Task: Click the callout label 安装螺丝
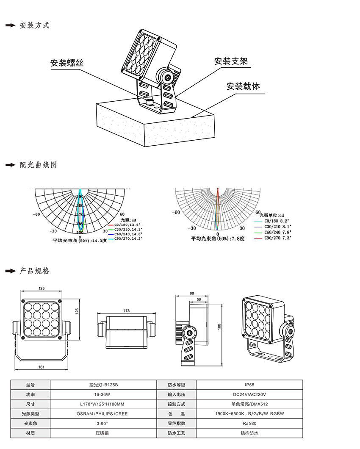click(x=67, y=63)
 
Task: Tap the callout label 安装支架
click(x=231, y=61)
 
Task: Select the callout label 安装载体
click(x=243, y=86)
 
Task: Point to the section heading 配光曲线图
click(x=38, y=165)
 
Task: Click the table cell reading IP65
click(x=249, y=385)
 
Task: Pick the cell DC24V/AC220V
click(x=249, y=394)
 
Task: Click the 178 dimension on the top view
click(x=126, y=310)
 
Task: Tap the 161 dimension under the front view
click(x=42, y=367)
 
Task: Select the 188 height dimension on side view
click(x=219, y=327)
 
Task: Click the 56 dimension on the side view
click(x=199, y=299)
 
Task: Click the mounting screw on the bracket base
click(x=149, y=101)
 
